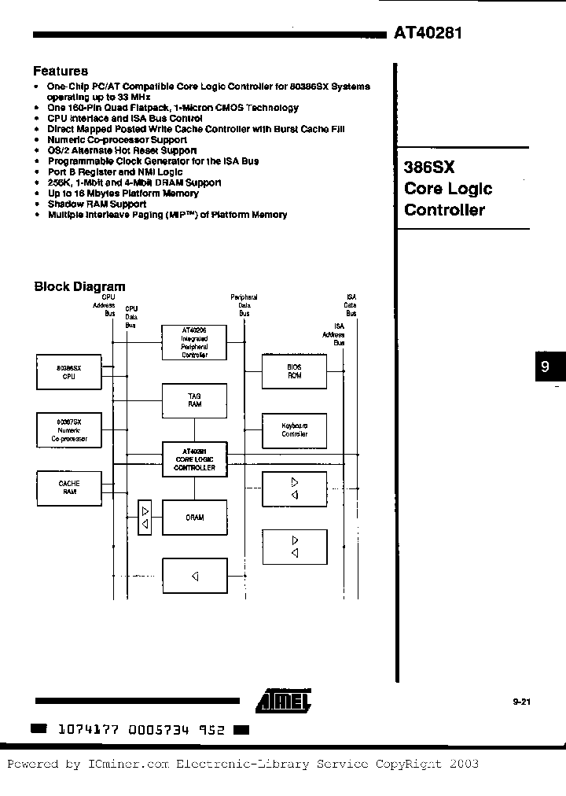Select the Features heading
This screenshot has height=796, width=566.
pyautogui.click(x=61, y=72)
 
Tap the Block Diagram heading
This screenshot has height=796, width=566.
pyautogui.click(x=79, y=287)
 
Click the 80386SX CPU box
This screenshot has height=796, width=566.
pyautogui.click(x=69, y=372)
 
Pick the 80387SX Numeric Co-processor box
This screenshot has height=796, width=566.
pyautogui.click(x=69, y=429)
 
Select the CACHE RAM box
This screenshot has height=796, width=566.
pyautogui.click(x=69, y=487)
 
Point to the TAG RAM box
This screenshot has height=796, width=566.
pyautogui.click(x=194, y=400)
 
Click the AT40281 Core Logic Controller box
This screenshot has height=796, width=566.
pyautogui.click(x=194, y=458)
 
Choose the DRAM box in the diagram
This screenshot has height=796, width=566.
pyautogui.click(x=194, y=517)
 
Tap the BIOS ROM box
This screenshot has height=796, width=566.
pyautogui.click(x=294, y=371)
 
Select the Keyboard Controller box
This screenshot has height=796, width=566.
pyautogui.click(x=294, y=429)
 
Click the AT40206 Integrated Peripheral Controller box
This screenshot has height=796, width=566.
pyautogui.click(x=194, y=342)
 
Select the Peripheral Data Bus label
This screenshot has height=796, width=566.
pyautogui.click(x=244, y=305)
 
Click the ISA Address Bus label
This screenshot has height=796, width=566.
pyautogui.click(x=339, y=334)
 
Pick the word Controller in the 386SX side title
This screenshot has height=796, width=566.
pyautogui.click(x=444, y=210)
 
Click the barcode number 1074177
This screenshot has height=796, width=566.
pyautogui.click(x=88, y=729)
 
